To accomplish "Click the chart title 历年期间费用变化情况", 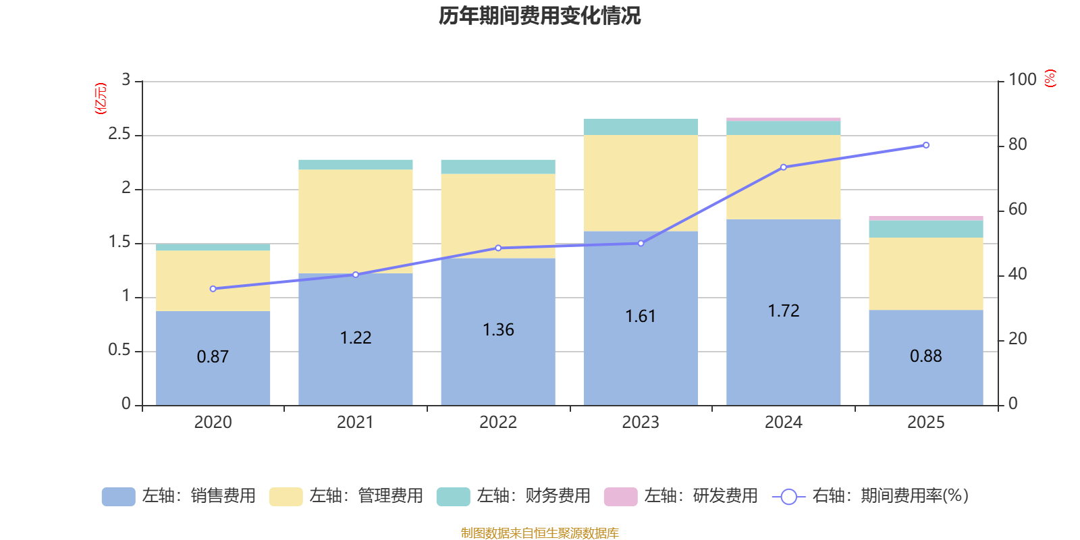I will pyautogui.click(x=539, y=16).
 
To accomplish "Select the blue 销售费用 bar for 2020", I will pyautogui.click(x=213, y=378).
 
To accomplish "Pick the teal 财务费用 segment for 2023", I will pyautogui.click(x=641, y=127).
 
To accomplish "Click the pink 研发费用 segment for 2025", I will pyautogui.click(x=925, y=218).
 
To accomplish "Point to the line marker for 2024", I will pyautogui.click(x=783, y=167).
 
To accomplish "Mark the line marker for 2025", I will pyautogui.click(x=925, y=145).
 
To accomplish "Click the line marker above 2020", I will pyautogui.click(x=213, y=289).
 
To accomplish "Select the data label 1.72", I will pyautogui.click(x=783, y=311).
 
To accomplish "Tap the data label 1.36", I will pyautogui.click(x=498, y=330).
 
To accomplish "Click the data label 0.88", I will pyautogui.click(x=925, y=356).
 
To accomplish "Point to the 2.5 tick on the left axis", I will pyautogui.click(x=119, y=134).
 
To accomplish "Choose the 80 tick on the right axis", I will pyautogui.click(x=1017, y=144).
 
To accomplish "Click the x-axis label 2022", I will pyautogui.click(x=498, y=423).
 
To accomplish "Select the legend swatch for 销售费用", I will pyautogui.click(x=118, y=497).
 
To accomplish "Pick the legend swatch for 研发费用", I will pyautogui.click(x=620, y=497).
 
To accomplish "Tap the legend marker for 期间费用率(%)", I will pyautogui.click(x=788, y=497).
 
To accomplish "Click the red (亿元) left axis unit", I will pyautogui.click(x=101, y=99).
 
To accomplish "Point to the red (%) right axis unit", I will pyautogui.click(x=1050, y=78).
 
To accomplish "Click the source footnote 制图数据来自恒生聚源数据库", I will pyautogui.click(x=539, y=533).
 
